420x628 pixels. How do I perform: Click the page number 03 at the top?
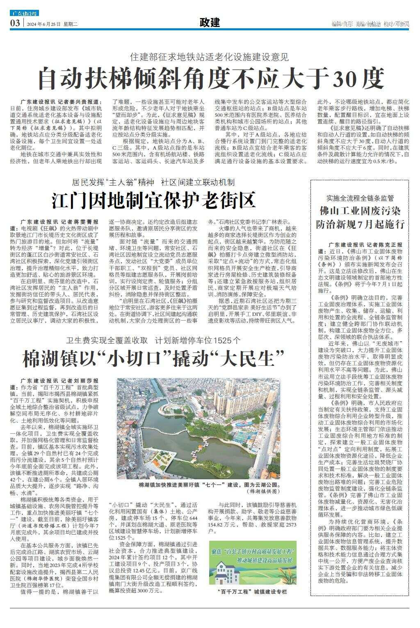click(x=15, y=23)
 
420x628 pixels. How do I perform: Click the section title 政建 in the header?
click(x=210, y=23)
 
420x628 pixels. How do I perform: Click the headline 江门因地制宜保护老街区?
click(x=153, y=200)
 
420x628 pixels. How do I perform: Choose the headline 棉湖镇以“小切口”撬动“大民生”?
click(x=153, y=358)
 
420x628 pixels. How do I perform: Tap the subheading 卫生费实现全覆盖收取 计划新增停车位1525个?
click(x=153, y=340)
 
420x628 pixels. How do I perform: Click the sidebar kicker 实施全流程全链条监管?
click(x=360, y=198)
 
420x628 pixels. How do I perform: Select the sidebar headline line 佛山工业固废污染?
click(x=360, y=211)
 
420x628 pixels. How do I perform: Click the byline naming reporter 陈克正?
click(x=365, y=245)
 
